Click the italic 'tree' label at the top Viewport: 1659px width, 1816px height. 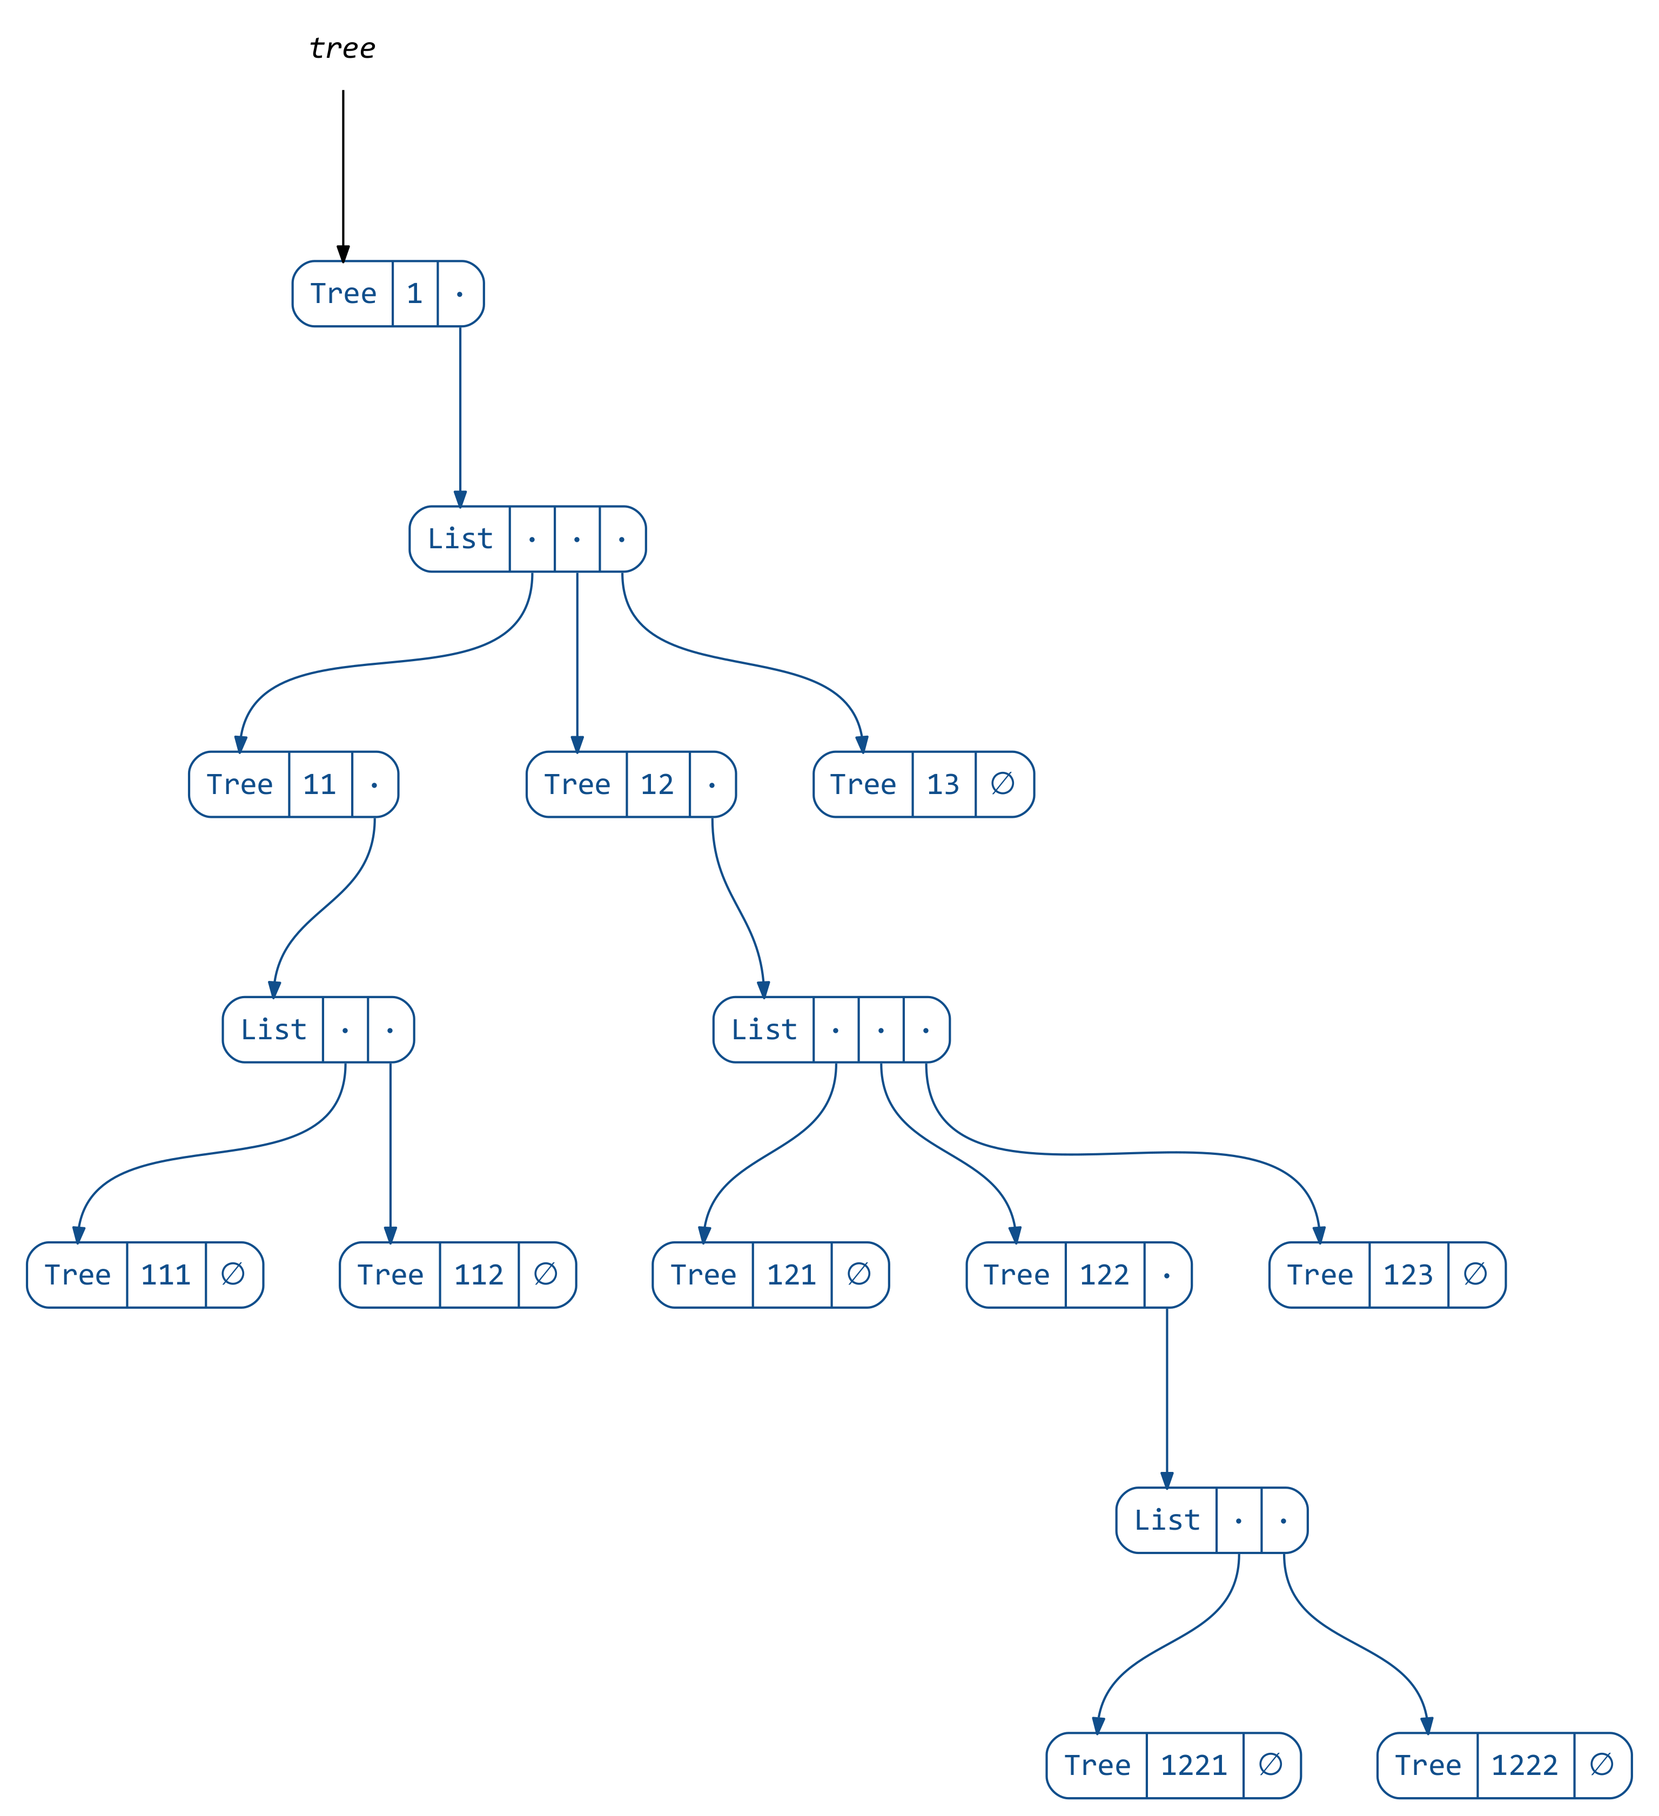pos(342,48)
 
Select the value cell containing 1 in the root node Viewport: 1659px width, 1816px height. pos(414,294)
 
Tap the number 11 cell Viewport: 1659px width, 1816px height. pos(320,785)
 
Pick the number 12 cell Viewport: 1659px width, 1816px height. pos(657,785)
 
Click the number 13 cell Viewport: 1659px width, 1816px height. pos(943,785)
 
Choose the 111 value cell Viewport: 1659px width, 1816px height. pos(166,1275)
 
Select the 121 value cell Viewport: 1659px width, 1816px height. pos(791,1275)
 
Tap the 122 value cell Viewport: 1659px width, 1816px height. pos(1104,1275)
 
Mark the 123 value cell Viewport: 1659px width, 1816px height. pos(1408,1275)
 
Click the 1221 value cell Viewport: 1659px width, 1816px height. pos(1194,1766)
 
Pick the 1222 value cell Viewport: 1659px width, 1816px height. pos(1525,1766)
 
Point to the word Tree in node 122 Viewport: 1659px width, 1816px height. pos(1016,1275)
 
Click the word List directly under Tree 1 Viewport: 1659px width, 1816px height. pos(460,539)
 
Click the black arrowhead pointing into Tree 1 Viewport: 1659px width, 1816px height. pos(343,253)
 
